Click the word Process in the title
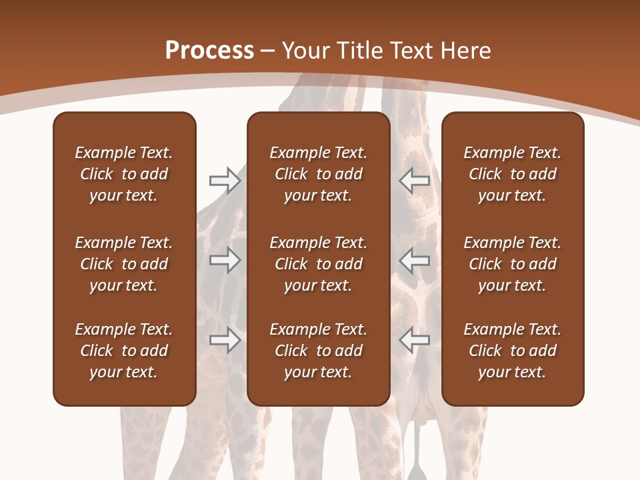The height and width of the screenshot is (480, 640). point(209,50)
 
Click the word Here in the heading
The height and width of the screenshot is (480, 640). point(467,50)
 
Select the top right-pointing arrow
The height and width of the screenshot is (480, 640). point(225,181)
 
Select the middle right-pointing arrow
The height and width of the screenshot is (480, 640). point(225,260)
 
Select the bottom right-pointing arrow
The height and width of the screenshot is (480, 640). point(225,340)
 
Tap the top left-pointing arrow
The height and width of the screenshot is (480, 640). point(414,181)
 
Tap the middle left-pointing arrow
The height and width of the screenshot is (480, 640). point(414,260)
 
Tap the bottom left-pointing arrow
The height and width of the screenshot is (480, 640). point(414,340)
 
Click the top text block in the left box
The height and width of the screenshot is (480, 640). point(124,174)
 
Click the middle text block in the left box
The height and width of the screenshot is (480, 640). point(124,264)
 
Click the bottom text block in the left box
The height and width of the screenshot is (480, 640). point(124,351)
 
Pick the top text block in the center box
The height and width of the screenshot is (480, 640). point(318,174)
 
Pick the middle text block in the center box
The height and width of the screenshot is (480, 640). point(318,264)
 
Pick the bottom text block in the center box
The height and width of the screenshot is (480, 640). point(318,351)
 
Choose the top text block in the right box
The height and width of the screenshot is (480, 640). point(512,174)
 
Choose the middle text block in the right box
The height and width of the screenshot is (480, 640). point(512,264)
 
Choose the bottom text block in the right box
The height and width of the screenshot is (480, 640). point(512,351)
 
